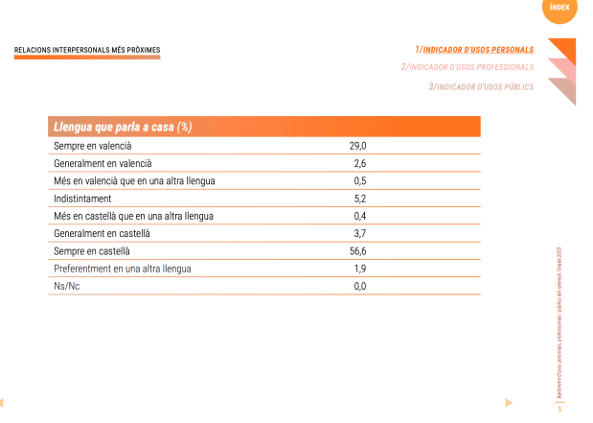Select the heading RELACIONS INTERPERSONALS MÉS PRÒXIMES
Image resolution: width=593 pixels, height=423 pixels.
(87, 49)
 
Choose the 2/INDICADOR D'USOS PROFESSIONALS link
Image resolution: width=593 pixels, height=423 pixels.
(468, 67)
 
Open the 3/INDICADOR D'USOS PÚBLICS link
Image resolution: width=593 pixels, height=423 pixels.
(481, 86)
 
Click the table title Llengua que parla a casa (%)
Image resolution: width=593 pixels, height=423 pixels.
(123, 128)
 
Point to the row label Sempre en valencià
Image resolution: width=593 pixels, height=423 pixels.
(93, 146)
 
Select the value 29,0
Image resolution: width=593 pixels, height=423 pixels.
(357, 146)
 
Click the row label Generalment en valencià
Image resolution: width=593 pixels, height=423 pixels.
(103, 163)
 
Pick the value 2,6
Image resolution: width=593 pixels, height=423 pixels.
(360, 163)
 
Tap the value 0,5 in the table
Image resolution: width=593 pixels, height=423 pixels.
(360, 180)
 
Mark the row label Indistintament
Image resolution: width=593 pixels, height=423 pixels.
(83, 199)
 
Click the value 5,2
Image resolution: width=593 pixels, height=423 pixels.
(360, 199)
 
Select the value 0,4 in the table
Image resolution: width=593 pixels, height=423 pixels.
(360, 216)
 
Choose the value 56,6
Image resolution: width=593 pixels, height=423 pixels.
(357, 250)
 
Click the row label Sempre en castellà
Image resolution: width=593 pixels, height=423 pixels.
(92, 250)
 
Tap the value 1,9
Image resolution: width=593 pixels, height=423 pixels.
(360, 269)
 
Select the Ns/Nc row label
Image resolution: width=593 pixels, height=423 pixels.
(68, 286)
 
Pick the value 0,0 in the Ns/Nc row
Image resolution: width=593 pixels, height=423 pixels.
(360, 286)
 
